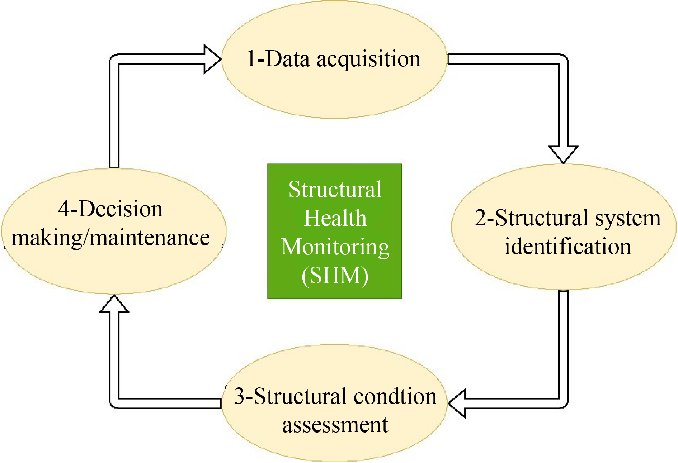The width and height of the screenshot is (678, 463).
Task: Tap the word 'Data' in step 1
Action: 288,59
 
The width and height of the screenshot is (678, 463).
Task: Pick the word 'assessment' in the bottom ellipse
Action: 335,425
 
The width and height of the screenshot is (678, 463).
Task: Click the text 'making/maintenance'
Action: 110,238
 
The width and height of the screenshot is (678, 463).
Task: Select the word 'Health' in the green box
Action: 335,218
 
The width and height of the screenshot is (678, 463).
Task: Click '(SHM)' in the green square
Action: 335,276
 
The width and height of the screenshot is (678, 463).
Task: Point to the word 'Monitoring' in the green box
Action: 335,247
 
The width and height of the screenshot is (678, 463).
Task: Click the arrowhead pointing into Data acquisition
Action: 212,59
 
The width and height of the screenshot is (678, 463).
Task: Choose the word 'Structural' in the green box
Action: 335,190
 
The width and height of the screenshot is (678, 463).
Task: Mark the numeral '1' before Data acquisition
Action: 251,59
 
